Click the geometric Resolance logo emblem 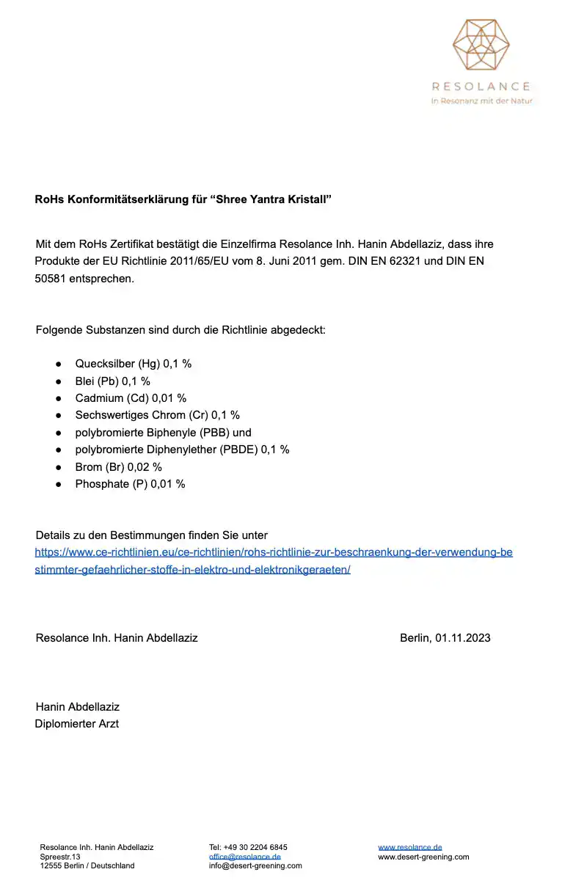(481, 48)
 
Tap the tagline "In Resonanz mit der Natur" (481, 101)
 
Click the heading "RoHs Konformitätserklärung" (183, 199)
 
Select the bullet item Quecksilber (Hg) (133, 364)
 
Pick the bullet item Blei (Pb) (112, 381)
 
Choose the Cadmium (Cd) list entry (131, 398)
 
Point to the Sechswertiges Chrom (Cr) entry (157, 415)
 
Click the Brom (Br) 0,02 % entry (118, 466)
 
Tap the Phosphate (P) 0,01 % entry (130, 484)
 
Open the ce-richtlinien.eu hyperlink (274, 552)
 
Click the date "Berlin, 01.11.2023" (445, 638)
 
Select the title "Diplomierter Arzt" (77, 724)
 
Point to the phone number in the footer (248, 847)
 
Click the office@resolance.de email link (244, 857)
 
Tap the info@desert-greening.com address (255, 865)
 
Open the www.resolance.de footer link (409, 847)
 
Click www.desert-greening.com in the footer (423, 857)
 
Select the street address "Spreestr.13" (60, 857)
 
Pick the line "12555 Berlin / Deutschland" (87, 865)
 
